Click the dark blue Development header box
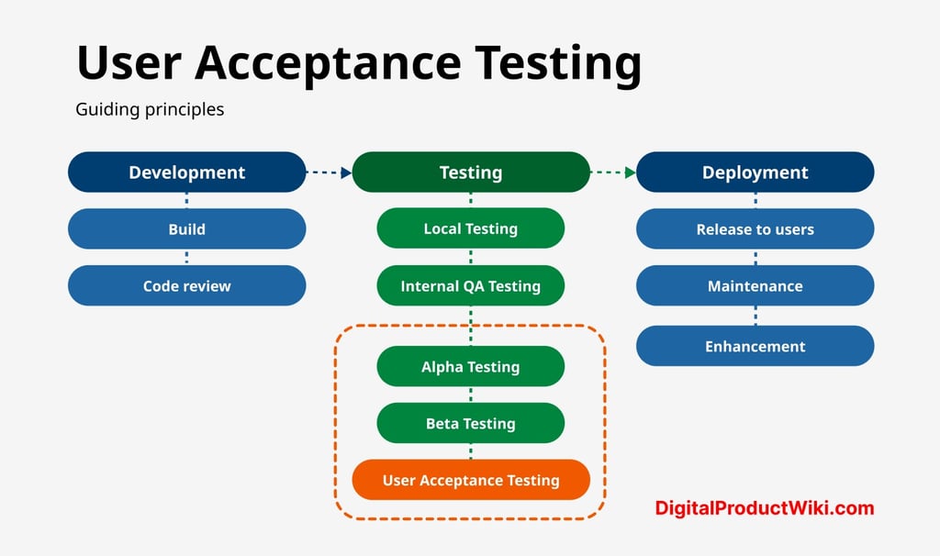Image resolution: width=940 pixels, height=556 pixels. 186,172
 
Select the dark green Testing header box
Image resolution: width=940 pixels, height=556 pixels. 470,172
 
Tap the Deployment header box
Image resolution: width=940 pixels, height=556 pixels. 755,172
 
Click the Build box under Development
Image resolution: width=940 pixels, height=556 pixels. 186,229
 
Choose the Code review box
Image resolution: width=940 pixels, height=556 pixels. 186,286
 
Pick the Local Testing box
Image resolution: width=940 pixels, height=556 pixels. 470,229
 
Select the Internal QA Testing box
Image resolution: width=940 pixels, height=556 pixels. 470,286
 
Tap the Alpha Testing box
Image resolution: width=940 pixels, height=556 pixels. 470,367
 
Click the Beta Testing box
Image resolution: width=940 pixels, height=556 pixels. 470,424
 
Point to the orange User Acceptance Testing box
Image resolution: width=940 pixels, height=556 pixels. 470,481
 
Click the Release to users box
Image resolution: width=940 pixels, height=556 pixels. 755,229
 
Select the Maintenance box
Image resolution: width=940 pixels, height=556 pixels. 755,286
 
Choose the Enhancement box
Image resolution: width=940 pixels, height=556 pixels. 755,347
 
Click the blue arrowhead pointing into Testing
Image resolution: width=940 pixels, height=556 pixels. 346,172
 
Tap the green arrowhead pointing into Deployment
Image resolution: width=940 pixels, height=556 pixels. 630,172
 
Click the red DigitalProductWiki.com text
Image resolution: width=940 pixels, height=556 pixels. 764,508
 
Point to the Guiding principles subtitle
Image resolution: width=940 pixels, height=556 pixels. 150,109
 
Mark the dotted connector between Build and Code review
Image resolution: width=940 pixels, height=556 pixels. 186,258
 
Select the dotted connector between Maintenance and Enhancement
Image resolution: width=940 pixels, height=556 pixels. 755,317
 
